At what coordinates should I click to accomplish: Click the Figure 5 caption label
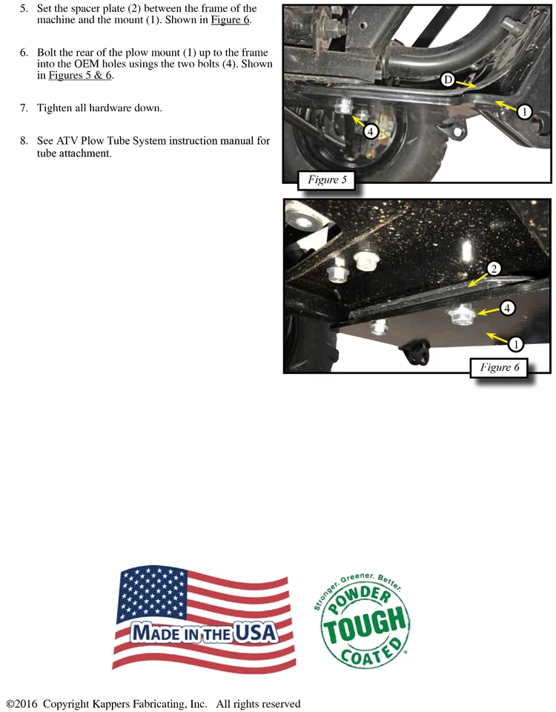[x=327, y=180]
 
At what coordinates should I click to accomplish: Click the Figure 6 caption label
[x=499, y=367]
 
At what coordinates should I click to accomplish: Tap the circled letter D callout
[x=448, y=79]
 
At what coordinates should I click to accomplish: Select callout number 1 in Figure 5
[x=524, y=112]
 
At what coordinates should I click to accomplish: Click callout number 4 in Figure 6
[x=507, y=307]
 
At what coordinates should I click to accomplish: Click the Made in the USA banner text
[x=205, y=633]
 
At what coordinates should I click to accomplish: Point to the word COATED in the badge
[x=368, y=653]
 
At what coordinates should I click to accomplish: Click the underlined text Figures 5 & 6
[x=81, y=76]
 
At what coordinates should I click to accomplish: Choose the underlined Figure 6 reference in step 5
[x=230, y=20]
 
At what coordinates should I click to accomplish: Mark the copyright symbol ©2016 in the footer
[x=22, y=704]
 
